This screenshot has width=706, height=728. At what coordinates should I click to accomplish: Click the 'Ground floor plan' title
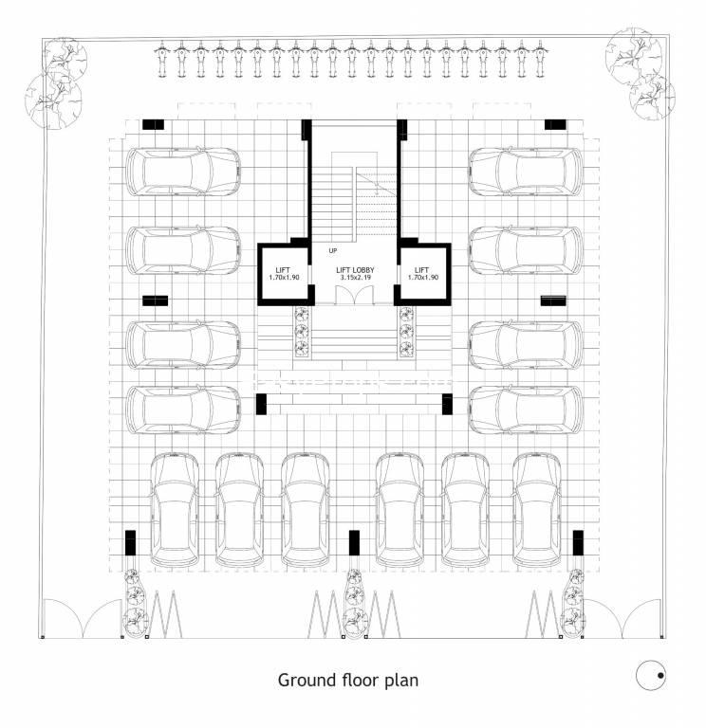[347, 680]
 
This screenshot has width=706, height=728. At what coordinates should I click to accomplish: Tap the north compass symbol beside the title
[650, 674]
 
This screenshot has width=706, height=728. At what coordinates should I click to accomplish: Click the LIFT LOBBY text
[355, 270]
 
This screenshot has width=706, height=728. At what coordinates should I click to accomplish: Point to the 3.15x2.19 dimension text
[355, 278]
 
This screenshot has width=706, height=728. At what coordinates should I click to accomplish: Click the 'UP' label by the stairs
[332, 250]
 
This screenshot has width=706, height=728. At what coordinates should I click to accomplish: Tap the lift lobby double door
[356, 294]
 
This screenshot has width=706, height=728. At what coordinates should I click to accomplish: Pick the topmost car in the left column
[182, 172]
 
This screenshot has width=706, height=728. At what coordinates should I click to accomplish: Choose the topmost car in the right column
[526, 172]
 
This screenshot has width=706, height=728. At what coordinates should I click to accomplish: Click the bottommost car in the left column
[182, 409]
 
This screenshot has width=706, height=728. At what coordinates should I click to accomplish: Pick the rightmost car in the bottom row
[537, 509]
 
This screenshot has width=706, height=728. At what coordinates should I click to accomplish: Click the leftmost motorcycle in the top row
[164, 59]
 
